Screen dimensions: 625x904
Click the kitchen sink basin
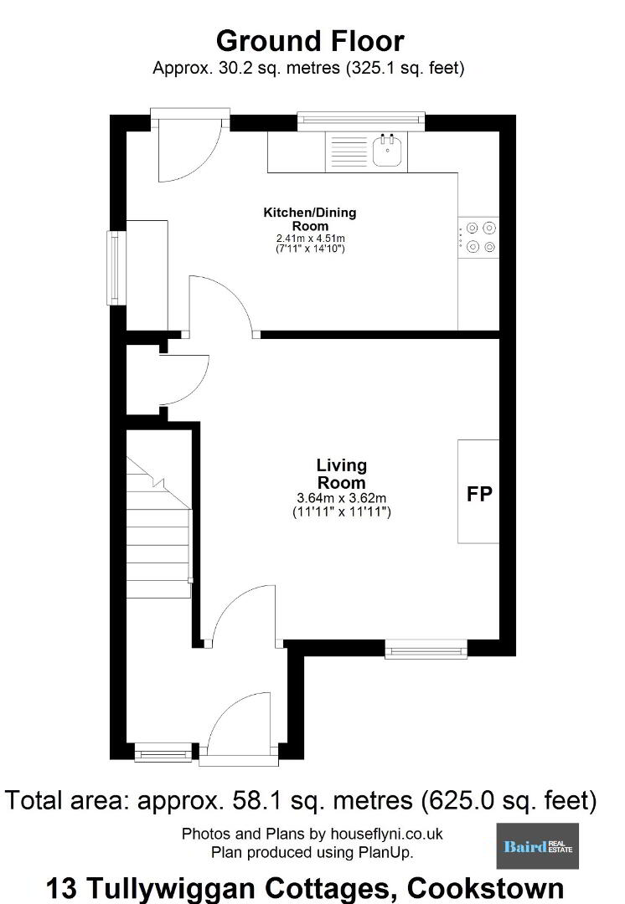[387, 152]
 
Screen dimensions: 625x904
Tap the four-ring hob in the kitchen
[478, 238]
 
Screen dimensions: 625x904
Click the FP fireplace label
[479, 494]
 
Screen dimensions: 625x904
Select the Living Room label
[342, 474]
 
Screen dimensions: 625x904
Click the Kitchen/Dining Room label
[310, 219]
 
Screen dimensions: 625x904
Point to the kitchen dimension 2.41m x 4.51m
[311, 238]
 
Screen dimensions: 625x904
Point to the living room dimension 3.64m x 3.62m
[342, 497]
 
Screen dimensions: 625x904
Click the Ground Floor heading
[310, 41]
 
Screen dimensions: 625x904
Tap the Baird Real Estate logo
[537, 845]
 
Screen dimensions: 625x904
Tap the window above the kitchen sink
[361, 120]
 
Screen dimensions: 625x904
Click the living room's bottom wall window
[426, 650]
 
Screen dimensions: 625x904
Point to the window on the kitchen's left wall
[116, 268]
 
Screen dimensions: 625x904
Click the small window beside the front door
[163, 753]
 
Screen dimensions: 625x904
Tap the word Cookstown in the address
[485, 888]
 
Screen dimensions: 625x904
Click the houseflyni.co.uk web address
[387, 834]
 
